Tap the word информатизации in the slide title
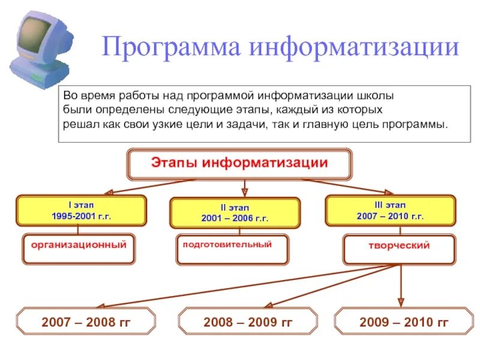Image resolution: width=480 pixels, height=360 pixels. (x=355, y=47)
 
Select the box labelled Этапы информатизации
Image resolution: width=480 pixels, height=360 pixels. (x=239, y=164)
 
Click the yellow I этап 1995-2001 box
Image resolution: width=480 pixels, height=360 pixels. (x=81, y=210)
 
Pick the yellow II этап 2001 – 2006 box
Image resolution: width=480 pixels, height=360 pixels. (x=235, y=213)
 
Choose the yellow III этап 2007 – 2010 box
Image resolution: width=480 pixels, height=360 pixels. (x=390, y=210)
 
